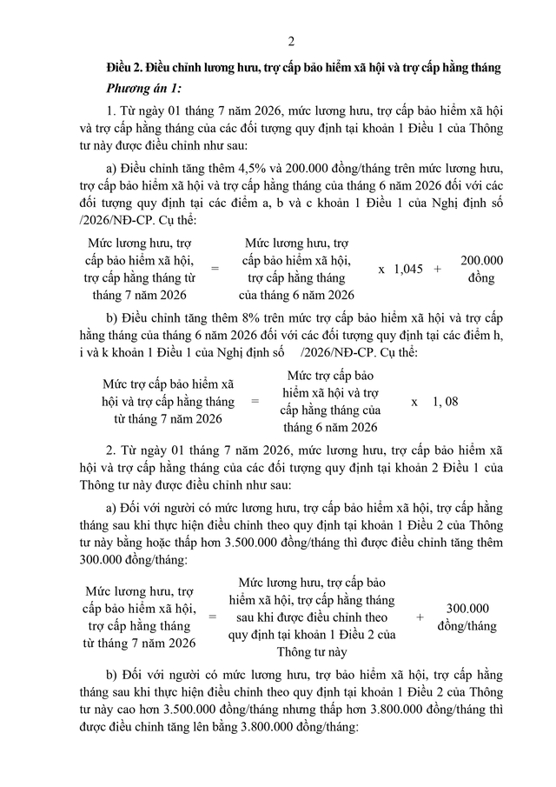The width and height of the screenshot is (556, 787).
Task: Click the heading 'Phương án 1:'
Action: point(144,88)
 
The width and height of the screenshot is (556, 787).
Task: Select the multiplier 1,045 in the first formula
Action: point(407,270)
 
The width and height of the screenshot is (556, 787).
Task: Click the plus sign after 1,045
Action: point(437,270)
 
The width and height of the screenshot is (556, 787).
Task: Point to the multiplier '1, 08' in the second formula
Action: point(445,402)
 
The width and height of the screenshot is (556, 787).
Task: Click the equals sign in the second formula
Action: point(255,402)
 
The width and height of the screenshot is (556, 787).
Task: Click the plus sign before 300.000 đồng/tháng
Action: point(420,617)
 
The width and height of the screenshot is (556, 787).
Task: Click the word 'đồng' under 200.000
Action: point(481,278)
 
